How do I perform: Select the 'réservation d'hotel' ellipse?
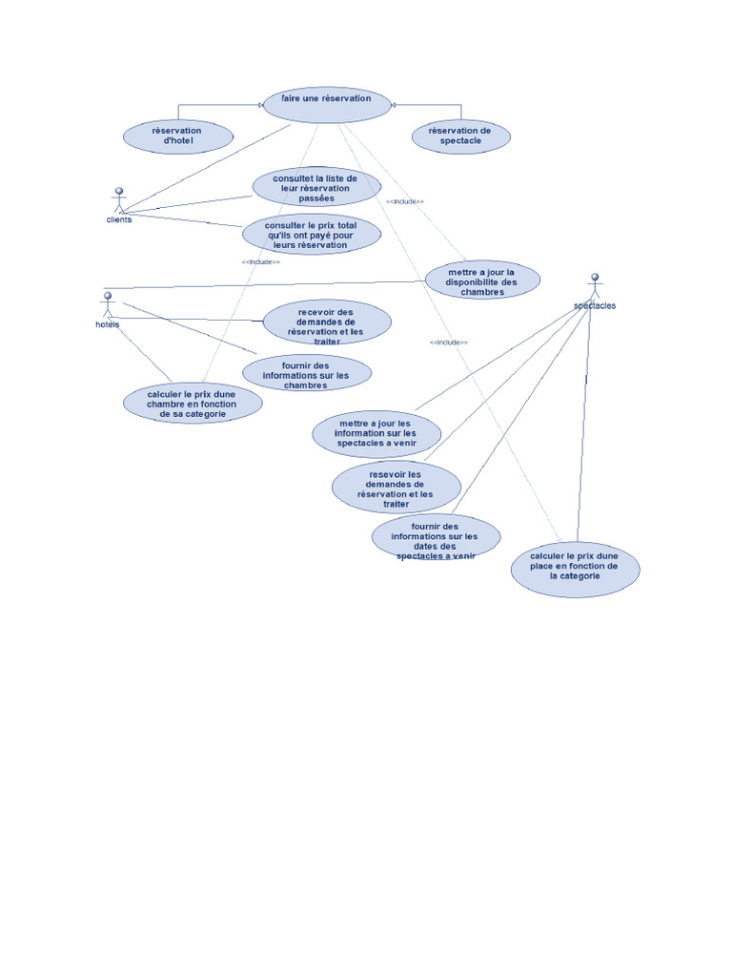pos(178,136)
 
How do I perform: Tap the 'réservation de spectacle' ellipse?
pos(461,136)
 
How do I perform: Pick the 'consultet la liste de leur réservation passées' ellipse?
pos(316,188)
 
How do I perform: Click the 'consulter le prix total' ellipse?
pos(311,235)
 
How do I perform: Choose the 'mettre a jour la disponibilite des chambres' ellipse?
pos(482,281)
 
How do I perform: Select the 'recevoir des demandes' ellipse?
pos(326,322)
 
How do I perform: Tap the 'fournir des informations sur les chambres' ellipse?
pos(306,374)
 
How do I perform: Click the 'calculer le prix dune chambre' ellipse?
pos(193,404)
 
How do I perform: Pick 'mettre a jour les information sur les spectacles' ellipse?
pos(376,434)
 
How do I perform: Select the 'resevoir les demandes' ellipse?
pos(396,487)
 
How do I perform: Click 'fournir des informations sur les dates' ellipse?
pos(436,538)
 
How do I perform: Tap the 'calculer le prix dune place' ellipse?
pos(575,568)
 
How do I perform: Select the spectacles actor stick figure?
pos(595,285)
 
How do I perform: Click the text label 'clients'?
pos(119,219)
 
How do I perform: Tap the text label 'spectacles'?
pos(595,306)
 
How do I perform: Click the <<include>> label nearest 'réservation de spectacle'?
pos(405,202)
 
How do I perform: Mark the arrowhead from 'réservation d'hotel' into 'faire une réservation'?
pos(260,105)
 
